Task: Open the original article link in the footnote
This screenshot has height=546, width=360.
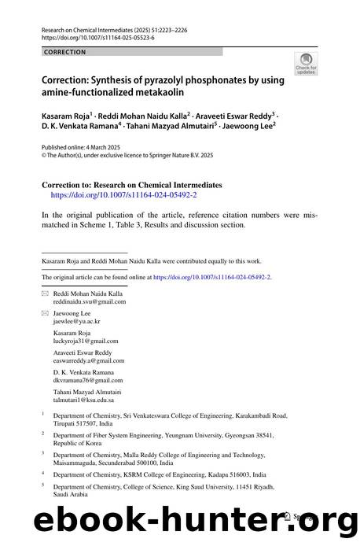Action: click(211, 277)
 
